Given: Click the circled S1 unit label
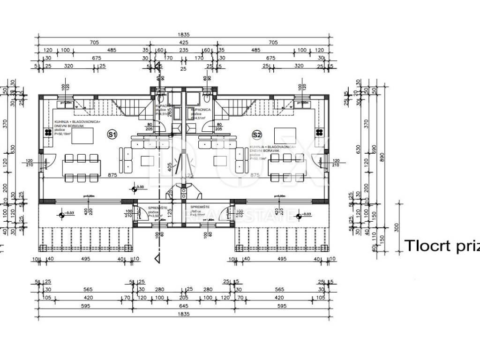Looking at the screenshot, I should click(x=112, y=135).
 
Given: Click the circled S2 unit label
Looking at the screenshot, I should click(x=256, y=135).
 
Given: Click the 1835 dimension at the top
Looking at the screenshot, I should click(x=184, y=34).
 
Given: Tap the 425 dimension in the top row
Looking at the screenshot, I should click(x=183, y=42).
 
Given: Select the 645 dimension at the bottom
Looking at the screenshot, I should click(x=183, y=306).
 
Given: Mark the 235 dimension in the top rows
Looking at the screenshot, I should click(x=183, y=50).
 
